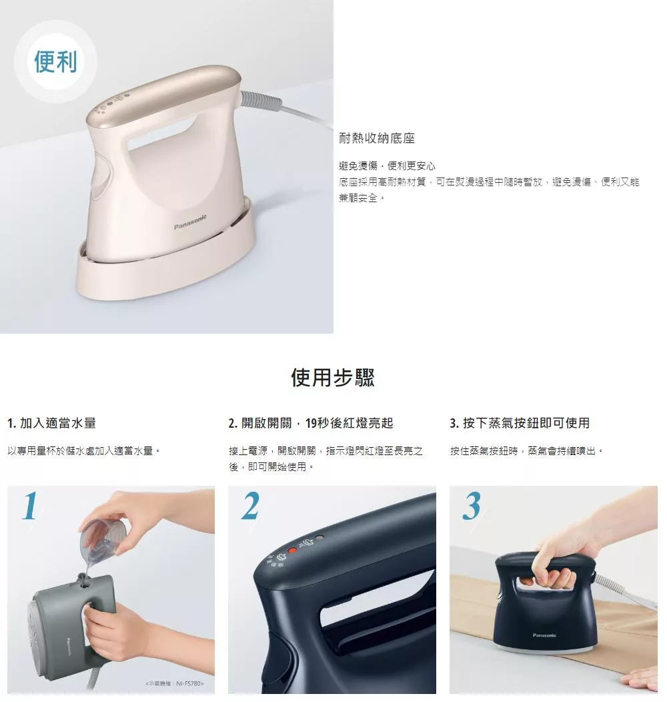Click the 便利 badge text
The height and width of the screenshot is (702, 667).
(x=55, y=61)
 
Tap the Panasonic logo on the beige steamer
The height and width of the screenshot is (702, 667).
(x=190, y=222)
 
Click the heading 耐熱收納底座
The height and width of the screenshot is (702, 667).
(x=377, y=138)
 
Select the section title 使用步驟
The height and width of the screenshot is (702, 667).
(x=333, y=378)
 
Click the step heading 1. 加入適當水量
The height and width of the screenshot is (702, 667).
(x=52, y=423)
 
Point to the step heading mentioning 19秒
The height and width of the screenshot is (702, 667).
(x=311, y=423)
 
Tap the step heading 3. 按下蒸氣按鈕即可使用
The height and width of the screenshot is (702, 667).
(x=520, y=423)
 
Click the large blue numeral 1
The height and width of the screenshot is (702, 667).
(x=30, y=505)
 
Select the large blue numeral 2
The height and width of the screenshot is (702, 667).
(x=250, y=505)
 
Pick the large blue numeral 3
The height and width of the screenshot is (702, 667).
(x=472, y=506)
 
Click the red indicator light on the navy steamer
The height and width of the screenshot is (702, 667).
(x=292, y=551)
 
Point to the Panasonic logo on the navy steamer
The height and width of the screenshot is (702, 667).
(x=544, y=635)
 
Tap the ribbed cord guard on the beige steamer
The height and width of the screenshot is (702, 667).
(x=259, y=101)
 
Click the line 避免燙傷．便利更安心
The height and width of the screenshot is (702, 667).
(x=388, y=166)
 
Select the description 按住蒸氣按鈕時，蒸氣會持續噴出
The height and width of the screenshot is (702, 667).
(x=526, y=451)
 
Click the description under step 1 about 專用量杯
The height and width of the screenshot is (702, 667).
(x=84, y=451)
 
